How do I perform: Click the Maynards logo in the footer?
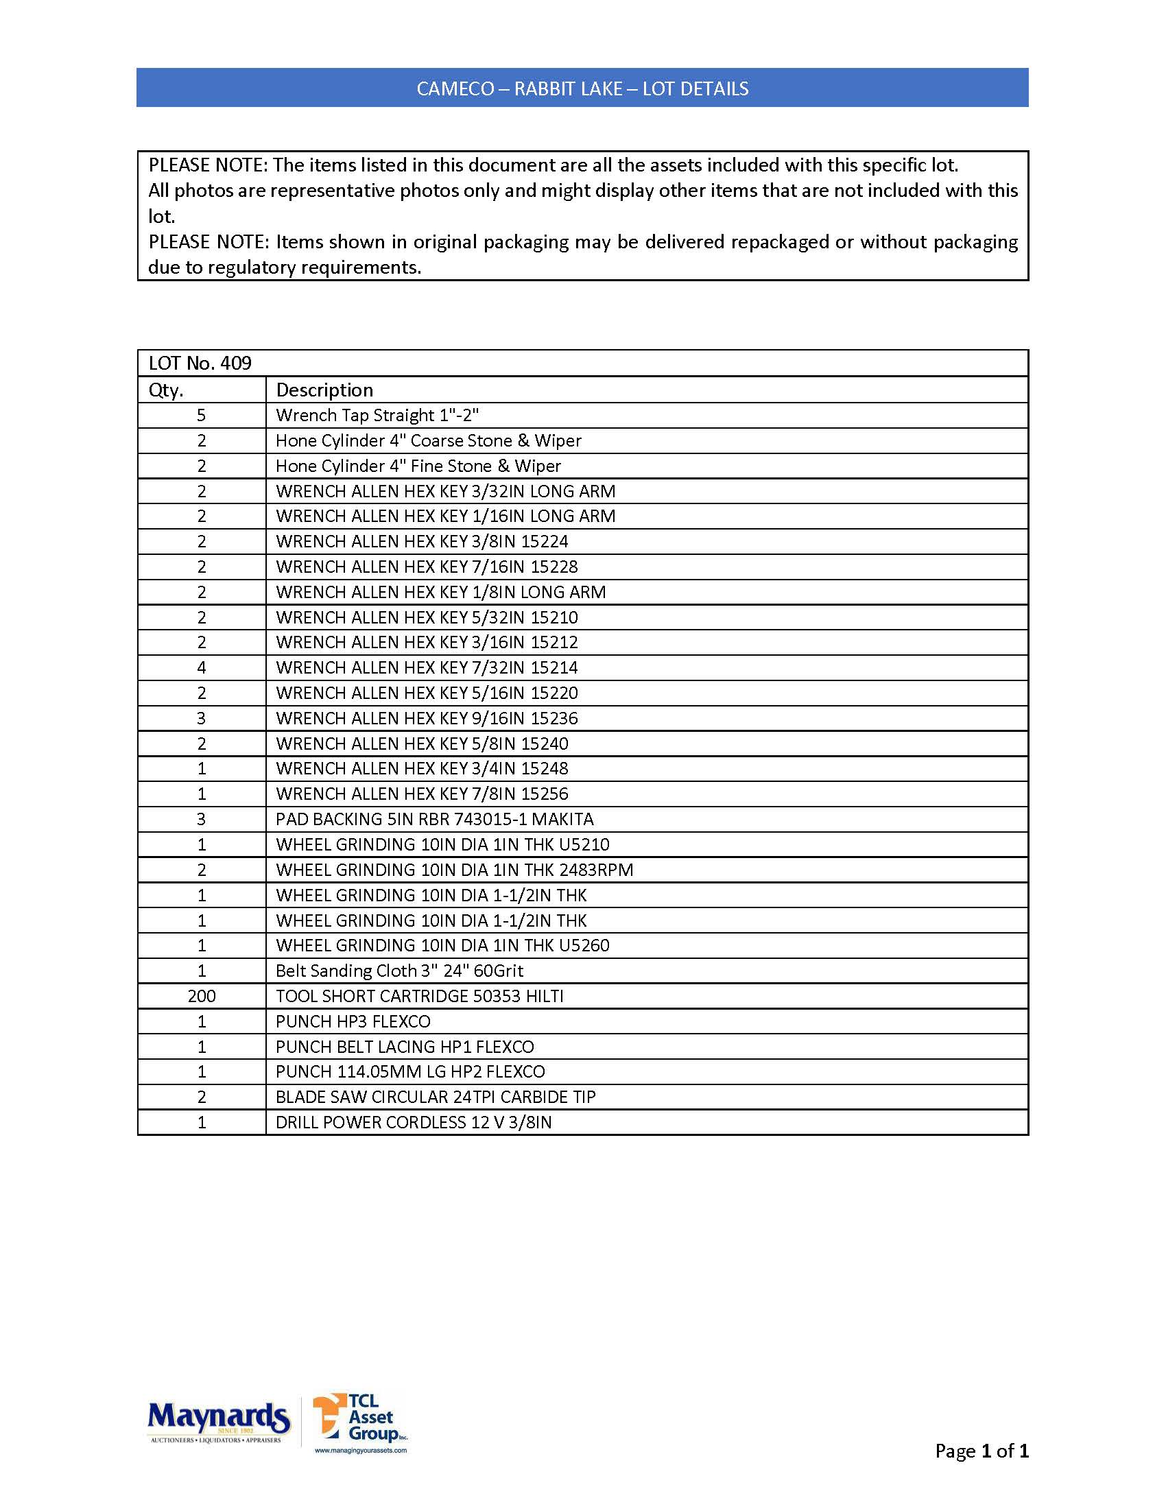(x=218, y=1420)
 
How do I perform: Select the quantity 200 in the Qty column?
(x=202, y=996)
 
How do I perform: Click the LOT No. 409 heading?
(x=200, y=364)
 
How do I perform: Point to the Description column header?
(x=324, y=390)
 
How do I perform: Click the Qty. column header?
(x=167, y=390)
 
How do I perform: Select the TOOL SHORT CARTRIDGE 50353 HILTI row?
(x=419, y=996)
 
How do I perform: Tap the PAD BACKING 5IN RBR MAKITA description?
(x=434, y=819)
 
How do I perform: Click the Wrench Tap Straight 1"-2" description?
(x=377, y=415)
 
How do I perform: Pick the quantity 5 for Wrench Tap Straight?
(x=202, y=415)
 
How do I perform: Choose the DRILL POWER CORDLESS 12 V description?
(x=414, y=1122)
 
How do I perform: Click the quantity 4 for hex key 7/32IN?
(x=202, y=667)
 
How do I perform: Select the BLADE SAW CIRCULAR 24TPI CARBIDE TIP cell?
(x=435, y=1097)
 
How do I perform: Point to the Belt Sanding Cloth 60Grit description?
(x=399, y=971)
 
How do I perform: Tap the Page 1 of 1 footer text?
(x=981, y=1451)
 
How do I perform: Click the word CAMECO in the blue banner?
(x=455, y=88)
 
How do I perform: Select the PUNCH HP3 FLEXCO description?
(x=353, y=1021)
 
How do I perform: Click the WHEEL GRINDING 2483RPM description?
(x=455, y=869)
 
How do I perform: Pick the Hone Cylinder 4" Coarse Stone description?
(x=428, y=441)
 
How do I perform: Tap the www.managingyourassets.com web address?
(x=361, y=1450)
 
